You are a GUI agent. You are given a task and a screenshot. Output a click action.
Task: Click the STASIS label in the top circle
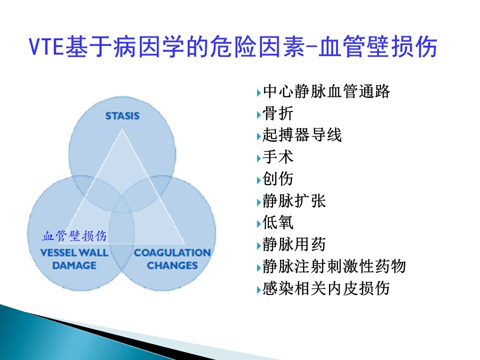pyautogui.click(x=122, y=116)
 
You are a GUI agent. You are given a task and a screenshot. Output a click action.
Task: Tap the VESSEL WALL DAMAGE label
pyautogui.click(x=74, y=259)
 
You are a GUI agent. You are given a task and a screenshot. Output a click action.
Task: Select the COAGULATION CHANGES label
pyautogui.click(x=172, y=259)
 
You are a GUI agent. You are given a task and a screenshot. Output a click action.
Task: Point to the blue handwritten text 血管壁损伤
pyautogui.click(x=74, y=236)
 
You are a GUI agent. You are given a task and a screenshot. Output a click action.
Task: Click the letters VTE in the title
pyautogui.click(x=46, y=46)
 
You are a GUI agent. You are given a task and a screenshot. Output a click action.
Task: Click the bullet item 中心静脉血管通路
pyautogui.click(x=326, y=91)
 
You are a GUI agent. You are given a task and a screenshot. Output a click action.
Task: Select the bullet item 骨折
pyautogui.click(x=278, y=113)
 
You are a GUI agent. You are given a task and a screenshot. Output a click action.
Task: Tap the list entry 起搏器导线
pyautogui.click(x=302, y=135)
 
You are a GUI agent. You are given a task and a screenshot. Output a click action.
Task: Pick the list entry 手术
pyautogui.click(x=278, y=156)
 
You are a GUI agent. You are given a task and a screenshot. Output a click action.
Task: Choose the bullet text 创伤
pyautogui.click(x=278, y=179)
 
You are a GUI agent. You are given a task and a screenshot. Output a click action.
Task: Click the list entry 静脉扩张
pyautogui.click(x=294, y=201)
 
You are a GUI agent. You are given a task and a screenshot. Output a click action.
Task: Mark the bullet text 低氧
pyautogui.click(x=278, y=222)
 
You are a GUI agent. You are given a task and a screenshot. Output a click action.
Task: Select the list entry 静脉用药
pyautogui.click(x=294, y=244)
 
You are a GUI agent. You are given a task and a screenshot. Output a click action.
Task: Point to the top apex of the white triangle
pyautogui.click(x=122, y=129)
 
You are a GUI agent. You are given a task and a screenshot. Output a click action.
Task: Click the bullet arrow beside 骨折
pyautogui.click(x=258, y=115)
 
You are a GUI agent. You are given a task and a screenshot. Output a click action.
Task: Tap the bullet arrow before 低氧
pyautogui.click(x=258, y=224)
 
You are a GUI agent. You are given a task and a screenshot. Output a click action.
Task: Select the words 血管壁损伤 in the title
pyautogui.click(x=378, y=46)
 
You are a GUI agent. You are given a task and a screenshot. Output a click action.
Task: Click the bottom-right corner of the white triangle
pyautogui.click(x=185, y=244)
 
